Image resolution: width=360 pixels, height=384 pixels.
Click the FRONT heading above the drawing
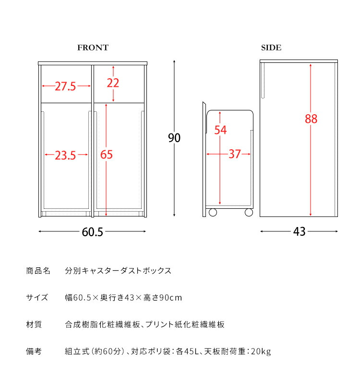(93, 48)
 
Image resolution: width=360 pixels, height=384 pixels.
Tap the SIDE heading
(271, 48)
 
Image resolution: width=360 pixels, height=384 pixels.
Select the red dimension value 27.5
(65, 86)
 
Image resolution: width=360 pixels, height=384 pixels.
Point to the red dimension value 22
(113, 83)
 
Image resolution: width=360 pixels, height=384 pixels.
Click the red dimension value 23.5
(65, 155)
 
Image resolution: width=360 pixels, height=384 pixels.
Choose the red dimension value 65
(107, 155)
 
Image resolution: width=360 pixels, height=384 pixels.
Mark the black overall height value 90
(174, 138)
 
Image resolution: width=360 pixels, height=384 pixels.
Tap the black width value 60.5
(93, 232)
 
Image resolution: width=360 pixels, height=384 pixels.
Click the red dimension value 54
(220, 130)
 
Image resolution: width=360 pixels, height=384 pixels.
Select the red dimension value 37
(234, 155)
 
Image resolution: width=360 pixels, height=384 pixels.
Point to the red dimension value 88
(311, 119)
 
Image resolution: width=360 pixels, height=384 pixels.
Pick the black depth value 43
(299, 232)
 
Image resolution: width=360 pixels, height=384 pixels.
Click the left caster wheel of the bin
(213, 212)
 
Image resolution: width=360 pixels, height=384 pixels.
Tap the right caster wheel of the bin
(249, 212)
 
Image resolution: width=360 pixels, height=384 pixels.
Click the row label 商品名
(38, 271)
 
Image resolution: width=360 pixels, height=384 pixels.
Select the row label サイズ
(37, 298)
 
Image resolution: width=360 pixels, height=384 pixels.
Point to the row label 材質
(34, 324)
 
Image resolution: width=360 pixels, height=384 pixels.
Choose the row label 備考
(34, 352)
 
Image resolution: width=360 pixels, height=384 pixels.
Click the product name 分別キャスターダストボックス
(118, 271)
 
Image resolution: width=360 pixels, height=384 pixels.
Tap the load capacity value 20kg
(261, 352)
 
